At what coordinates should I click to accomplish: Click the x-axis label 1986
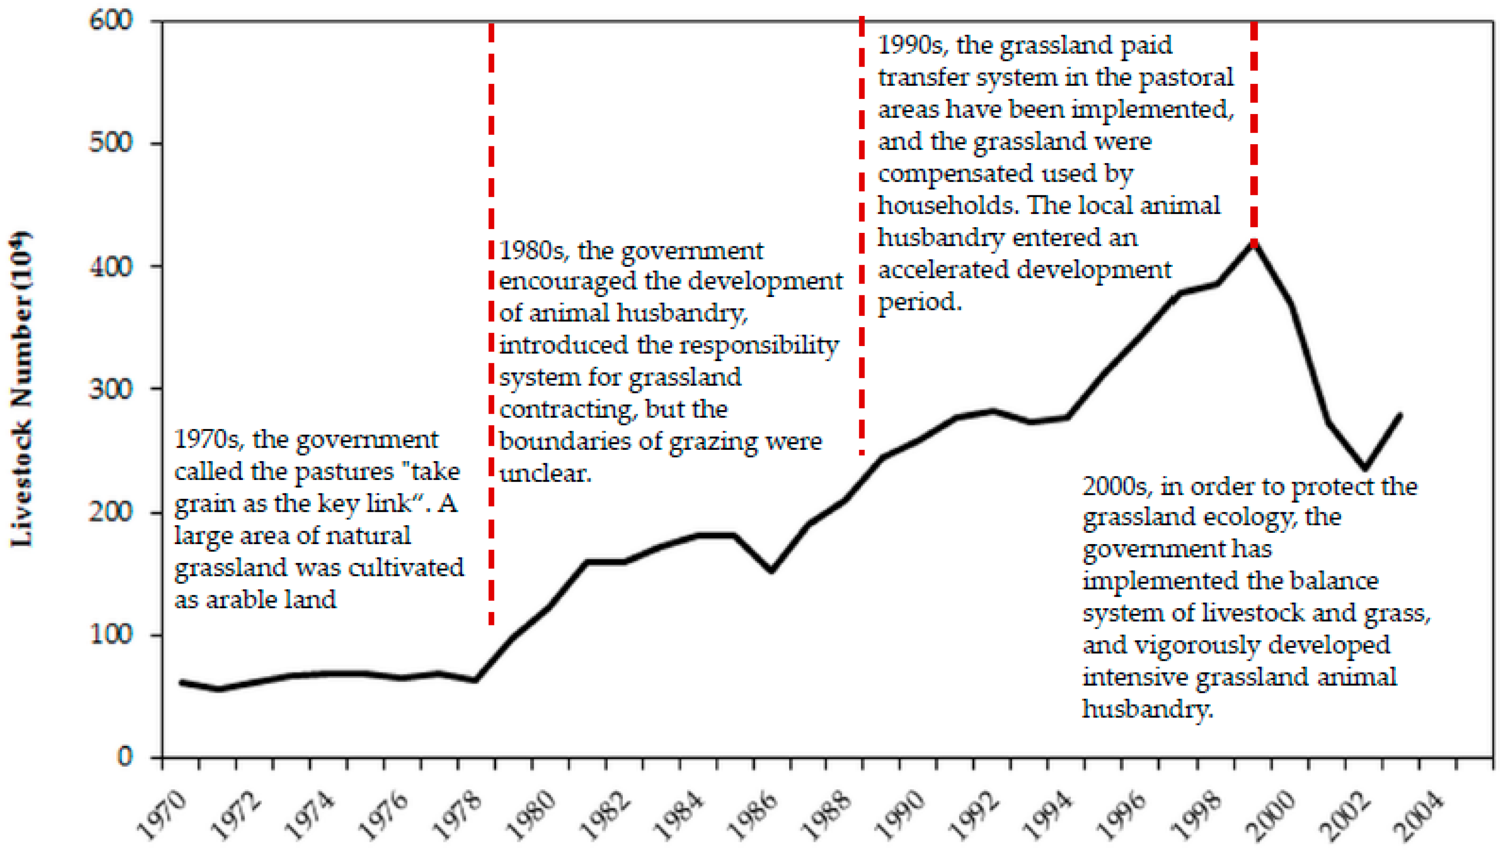(753, 815)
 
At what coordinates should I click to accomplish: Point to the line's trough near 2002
(1365, 468)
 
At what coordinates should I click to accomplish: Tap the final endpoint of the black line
(1401, 414)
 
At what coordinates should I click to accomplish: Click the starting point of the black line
(181, 682)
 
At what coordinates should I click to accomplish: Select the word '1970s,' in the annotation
(209, 440)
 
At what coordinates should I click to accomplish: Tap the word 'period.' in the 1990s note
(920, 302)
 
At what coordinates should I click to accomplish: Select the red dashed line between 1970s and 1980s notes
(491, 322)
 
